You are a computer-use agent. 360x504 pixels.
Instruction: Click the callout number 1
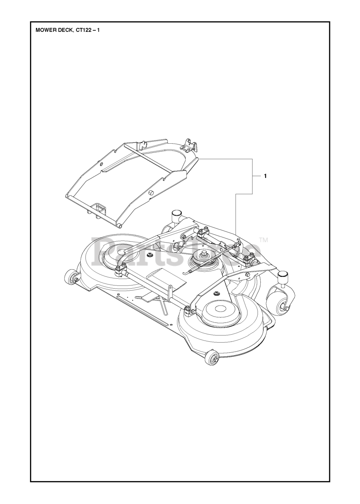point(265,176)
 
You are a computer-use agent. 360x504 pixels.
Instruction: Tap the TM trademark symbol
point(264,239)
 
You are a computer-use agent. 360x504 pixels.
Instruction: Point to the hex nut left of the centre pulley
point(150,256)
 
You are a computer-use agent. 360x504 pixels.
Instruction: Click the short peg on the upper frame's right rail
point(150,193)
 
